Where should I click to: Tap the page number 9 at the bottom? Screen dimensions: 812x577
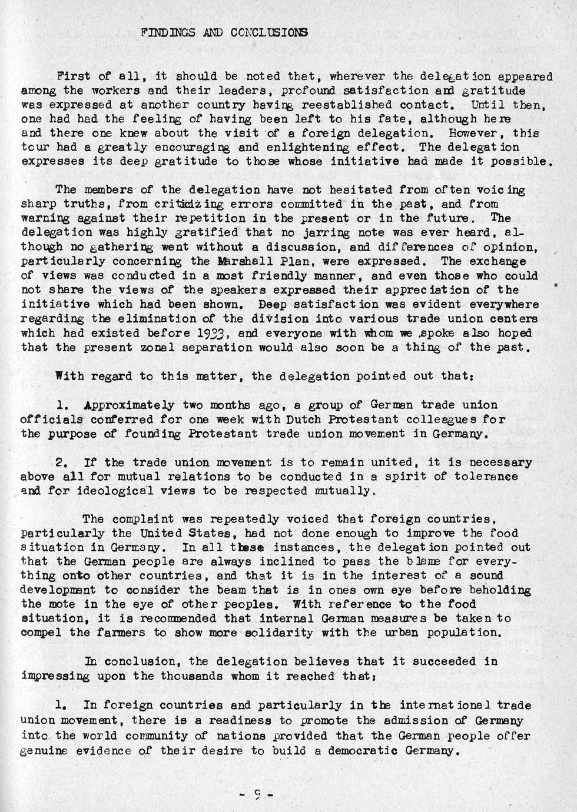(257, 794)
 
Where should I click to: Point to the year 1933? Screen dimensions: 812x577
(208, 333)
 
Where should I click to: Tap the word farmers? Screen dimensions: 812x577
(128, 633)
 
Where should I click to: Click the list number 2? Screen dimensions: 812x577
(61, 462)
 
